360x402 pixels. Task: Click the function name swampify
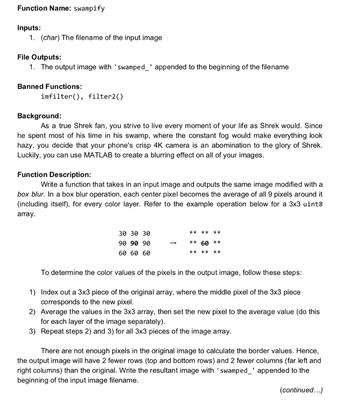(89, 9)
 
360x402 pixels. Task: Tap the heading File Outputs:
(39, 57)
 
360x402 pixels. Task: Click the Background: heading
(39, 116)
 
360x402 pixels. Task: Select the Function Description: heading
(54, 174)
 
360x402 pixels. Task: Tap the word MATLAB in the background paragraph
(98, 155)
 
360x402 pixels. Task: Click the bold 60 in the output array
(205, 243)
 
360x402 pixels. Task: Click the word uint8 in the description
(313, 204)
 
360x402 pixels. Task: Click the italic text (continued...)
(301, 390)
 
